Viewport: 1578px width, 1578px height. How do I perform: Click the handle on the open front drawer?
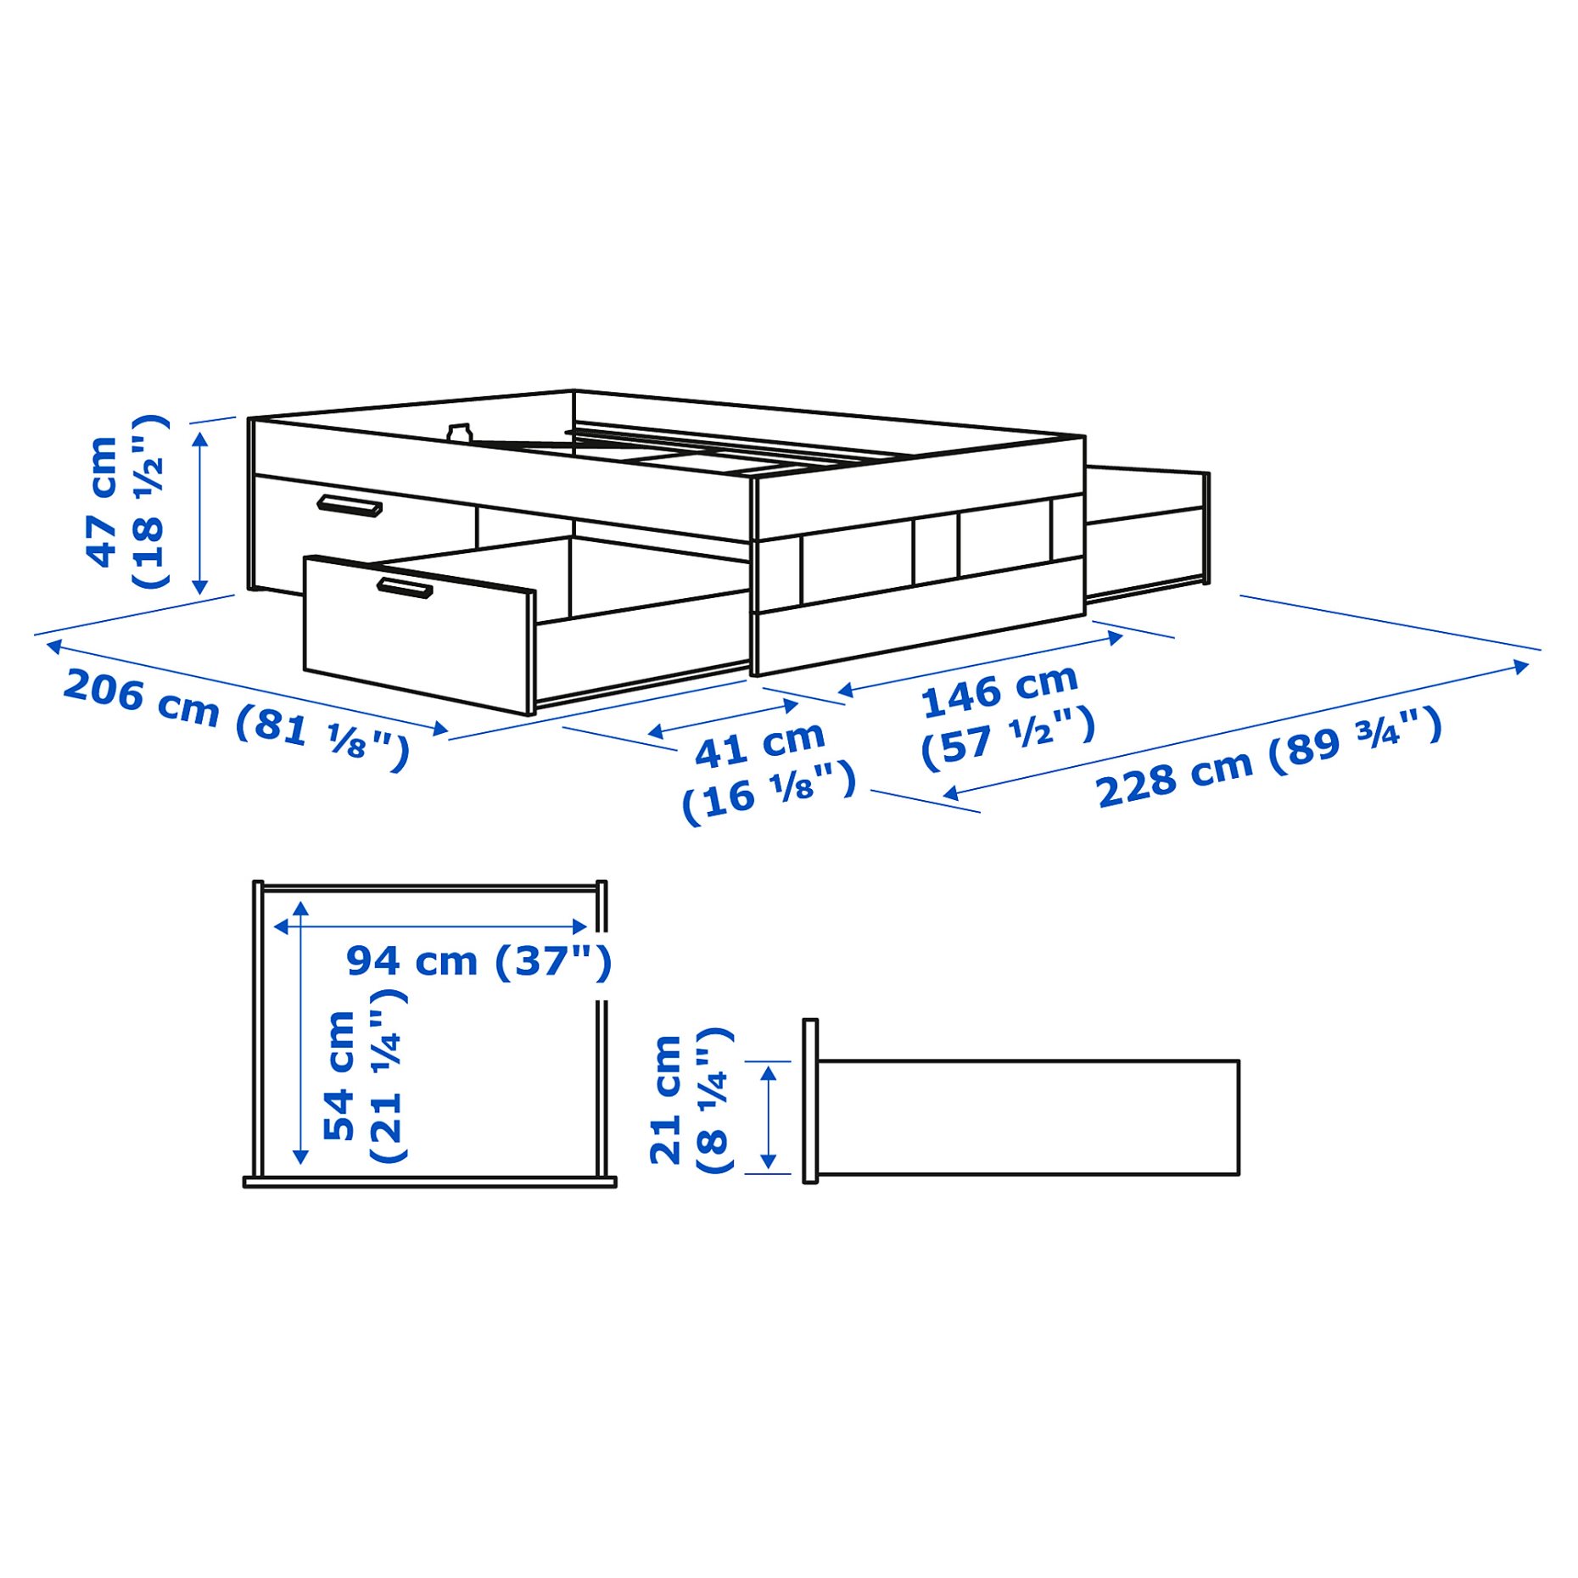(x=405, y=587)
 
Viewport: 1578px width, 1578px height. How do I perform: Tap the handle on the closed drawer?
(x=349, y=506)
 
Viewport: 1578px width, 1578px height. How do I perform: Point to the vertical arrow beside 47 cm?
(x=200, y=512)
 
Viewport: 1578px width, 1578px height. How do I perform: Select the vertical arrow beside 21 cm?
(x=769, y=1117)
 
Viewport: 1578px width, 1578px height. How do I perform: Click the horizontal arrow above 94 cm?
(x=430, y=926)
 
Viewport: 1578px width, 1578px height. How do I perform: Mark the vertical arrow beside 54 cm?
(x=300, y=1032)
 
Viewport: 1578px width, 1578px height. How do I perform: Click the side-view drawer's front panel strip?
(x=810, y=1100)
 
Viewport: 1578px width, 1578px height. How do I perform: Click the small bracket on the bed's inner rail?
(x=459, y=434)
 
